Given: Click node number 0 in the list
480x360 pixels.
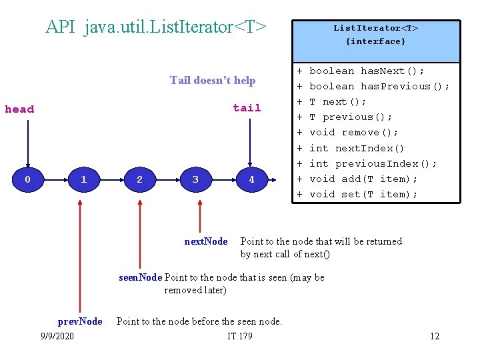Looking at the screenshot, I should coord(27,179).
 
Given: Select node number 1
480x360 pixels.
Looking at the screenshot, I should coord(83,179).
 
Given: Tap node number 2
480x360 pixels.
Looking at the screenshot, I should coord(139,179).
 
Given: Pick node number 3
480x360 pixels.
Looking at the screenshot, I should coord(195,179).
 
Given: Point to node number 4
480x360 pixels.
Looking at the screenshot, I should coord(251,179).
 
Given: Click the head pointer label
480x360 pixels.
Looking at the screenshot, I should coord(19,109).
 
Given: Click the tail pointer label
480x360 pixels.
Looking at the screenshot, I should coord(247,108).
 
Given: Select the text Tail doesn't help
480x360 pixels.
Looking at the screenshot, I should coord(213,81).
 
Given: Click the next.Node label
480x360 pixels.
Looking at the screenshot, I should coord(206,241).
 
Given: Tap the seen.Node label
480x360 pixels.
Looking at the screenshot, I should coord(141,277).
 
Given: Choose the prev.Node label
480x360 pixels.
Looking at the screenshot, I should coord(80,321).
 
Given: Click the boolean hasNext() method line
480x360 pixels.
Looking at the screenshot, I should coord(367,71).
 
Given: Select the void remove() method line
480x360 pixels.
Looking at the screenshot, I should coord(354,133).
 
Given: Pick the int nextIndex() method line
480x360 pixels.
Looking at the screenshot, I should coord(357,148).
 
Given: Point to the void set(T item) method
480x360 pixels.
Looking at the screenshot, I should coord(363,194).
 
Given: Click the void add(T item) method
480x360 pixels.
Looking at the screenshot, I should coord(363,179).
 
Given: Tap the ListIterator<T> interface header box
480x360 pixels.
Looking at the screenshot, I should coord(376,35).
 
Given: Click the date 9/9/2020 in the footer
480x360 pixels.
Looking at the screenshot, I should coord(57,336).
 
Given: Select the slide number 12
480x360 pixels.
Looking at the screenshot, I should coord(435,336).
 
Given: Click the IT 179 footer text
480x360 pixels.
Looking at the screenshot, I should coord(240,336).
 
